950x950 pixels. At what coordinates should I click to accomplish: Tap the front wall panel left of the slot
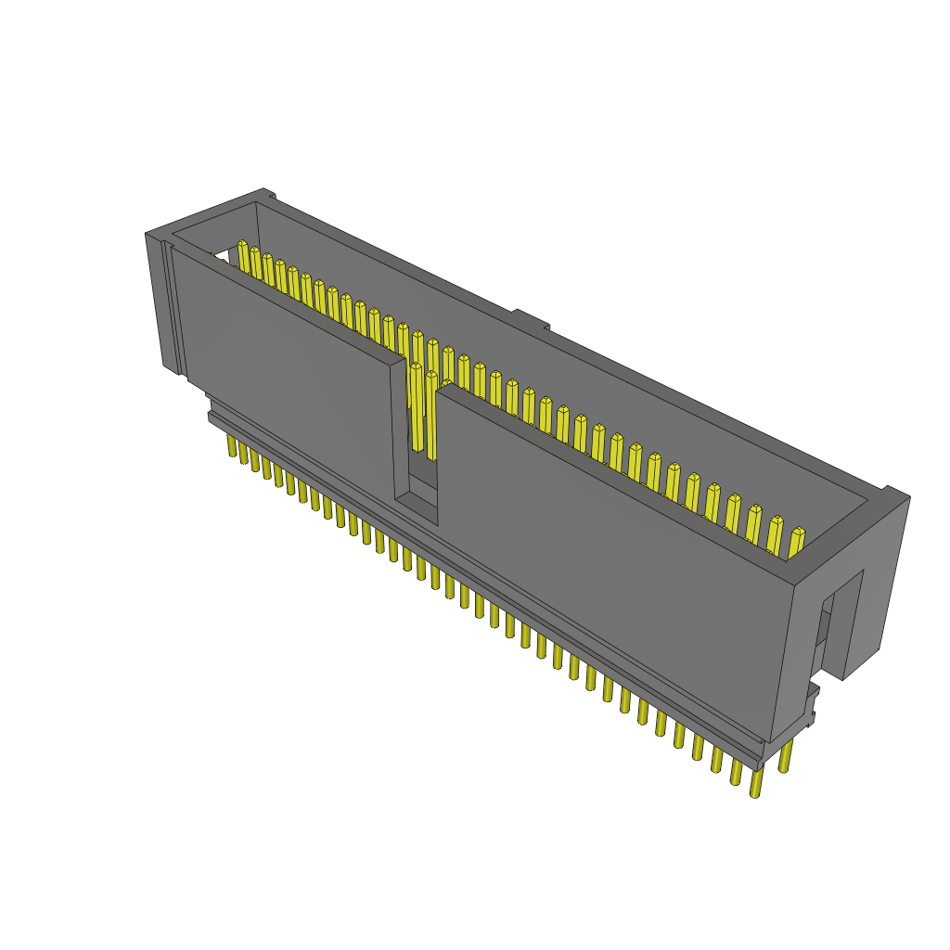pos(288,371)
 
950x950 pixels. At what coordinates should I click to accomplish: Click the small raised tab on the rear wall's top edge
pos(531,320)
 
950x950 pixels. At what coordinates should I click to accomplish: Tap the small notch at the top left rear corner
pos(268,195)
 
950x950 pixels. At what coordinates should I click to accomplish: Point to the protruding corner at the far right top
pos(896,494)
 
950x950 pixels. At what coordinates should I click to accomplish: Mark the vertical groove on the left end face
pos(169,306)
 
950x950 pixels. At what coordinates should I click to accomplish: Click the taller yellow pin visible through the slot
pos(417,408)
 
